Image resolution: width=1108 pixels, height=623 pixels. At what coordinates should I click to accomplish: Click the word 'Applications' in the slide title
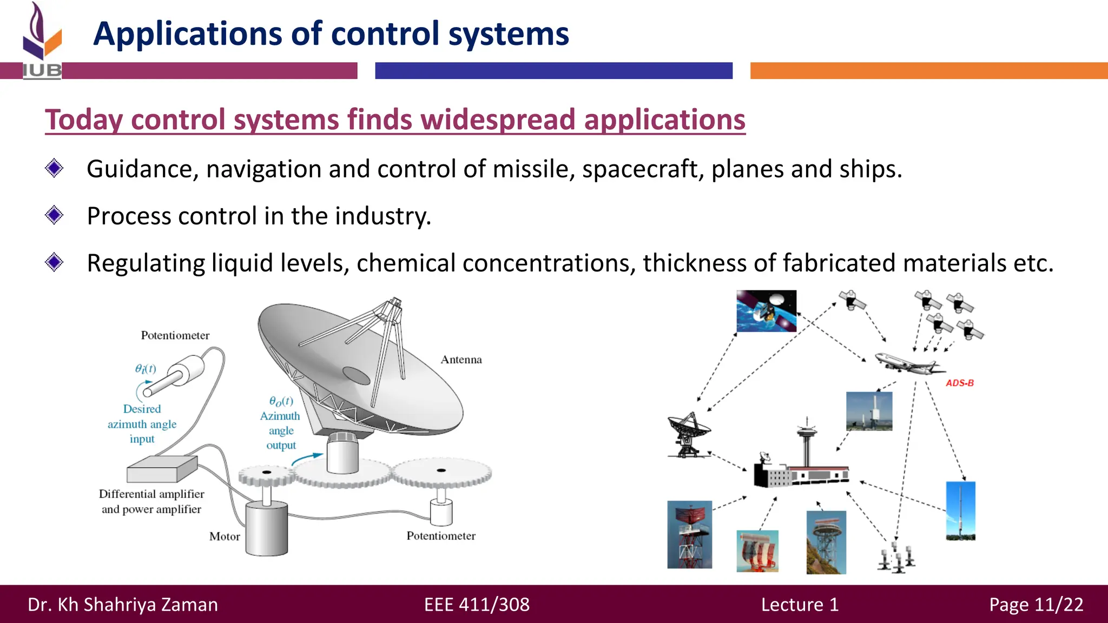coord(187,34)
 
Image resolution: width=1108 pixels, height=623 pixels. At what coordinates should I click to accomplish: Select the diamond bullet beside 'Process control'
coord(54,215)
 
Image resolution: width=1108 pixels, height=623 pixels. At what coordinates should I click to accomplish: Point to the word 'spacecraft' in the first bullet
coord(642,169)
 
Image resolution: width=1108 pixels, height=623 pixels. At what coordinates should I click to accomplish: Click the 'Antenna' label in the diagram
coord(461,360)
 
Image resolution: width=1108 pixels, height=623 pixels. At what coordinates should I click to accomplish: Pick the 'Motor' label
coord(225,536)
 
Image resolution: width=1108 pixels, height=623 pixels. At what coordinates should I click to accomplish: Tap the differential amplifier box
coord(162,468)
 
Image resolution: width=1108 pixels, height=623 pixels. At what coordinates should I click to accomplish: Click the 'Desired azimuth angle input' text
coord(142,424)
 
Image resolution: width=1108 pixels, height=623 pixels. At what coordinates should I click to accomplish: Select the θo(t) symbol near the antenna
coord(281,401)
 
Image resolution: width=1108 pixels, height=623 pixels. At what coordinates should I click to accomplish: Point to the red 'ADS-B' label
coord(959,383)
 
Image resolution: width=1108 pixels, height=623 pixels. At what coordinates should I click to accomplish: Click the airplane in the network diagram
coord(909,363)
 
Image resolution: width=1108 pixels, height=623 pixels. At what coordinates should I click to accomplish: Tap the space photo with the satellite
coord(766,311)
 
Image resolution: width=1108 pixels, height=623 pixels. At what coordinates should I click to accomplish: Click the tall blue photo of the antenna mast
coord(960,511)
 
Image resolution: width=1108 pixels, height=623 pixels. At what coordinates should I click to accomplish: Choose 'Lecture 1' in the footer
coord(800,605)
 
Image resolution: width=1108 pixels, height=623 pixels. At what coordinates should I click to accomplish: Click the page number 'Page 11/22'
coord(1036,605)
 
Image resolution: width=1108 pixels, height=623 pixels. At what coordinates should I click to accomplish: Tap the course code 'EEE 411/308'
coord(477,605)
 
